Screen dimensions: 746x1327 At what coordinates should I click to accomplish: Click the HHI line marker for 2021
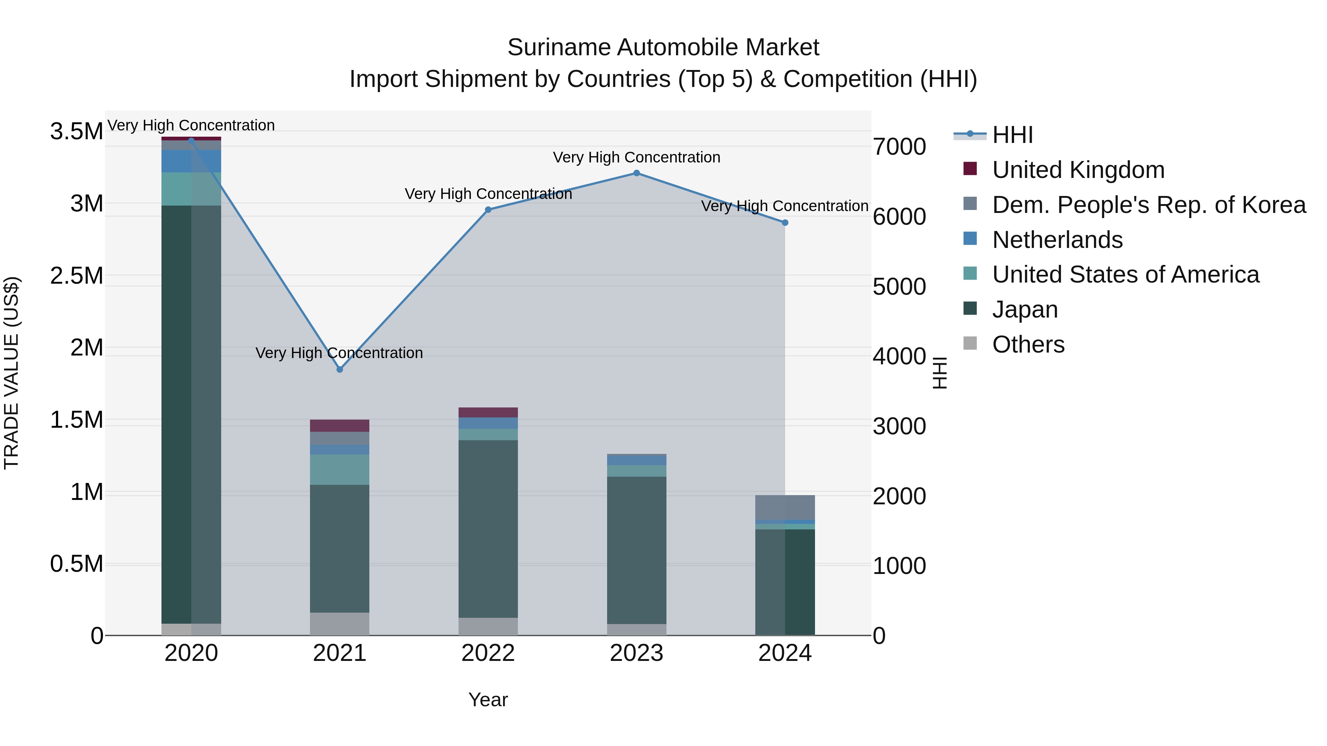point(339,370)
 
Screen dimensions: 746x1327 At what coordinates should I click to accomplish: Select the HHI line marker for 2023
point(636,174)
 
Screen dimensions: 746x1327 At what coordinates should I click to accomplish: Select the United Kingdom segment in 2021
point(339,426)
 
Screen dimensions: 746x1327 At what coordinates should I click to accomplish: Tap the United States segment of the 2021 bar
point(339,470)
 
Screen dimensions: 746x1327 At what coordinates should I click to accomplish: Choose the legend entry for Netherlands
point(1057,240)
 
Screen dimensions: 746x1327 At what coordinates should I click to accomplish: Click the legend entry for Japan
point(1025,310)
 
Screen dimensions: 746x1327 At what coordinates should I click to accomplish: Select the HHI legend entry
point(1012,135)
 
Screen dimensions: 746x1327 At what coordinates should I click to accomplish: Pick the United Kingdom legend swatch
point(970,169)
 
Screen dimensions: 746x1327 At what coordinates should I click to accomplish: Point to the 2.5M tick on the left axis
point(77,276)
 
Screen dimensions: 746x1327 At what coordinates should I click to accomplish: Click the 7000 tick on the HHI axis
point(899,147)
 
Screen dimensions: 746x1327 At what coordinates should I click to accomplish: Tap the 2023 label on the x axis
point(636,653)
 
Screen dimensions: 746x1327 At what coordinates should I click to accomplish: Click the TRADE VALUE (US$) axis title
point(11,373)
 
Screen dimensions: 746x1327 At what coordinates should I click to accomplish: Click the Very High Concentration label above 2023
point(636,158)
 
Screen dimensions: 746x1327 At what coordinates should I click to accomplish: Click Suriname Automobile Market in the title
point(663,48)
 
